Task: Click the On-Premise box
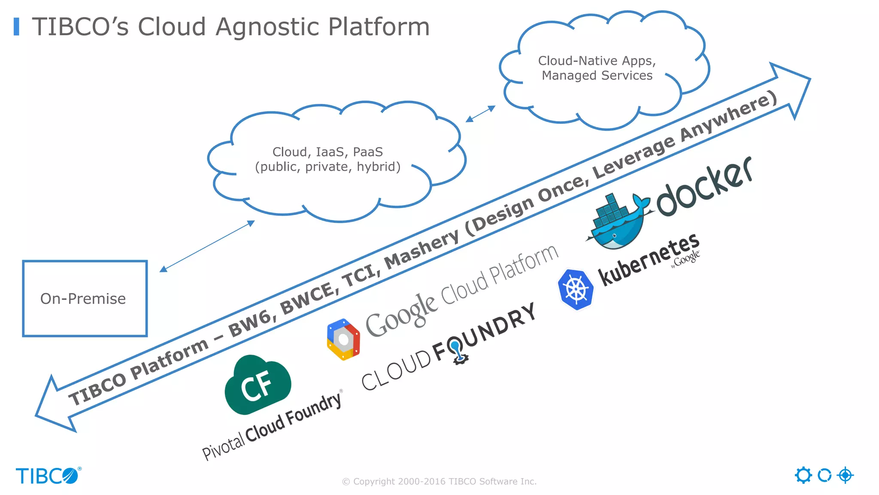tap(85, 298)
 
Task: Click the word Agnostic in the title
tap(267, 27)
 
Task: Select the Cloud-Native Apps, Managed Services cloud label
tap(597, 68)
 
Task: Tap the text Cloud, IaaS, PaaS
tap(327, 152)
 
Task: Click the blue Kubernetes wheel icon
tap(576, 289)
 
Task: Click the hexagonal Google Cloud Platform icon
tap(343, 339)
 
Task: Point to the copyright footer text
tap(439, 482)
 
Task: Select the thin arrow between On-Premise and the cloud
tap(207, 246)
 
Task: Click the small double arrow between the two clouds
tap(480, 114)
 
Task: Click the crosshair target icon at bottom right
tap(845, 475)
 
